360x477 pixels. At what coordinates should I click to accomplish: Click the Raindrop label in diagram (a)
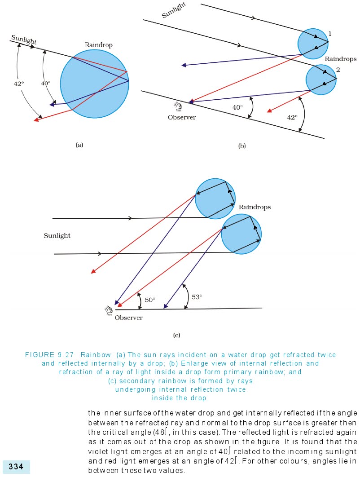pyautogui.click(x=98, y=45)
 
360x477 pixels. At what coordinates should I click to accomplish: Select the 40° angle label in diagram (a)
pyautogui.click(x=46, y=84)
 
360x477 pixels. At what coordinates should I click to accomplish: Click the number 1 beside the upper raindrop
pyautogui.click(x=330, y=34)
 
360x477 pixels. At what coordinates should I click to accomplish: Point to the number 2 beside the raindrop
pyautogui.click(x=338, y=69)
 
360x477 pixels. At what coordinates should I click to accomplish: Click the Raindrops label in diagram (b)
pyautogui.click(x=340, y=59)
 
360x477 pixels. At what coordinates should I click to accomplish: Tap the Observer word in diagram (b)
pyautogui.click(x=182, y=118)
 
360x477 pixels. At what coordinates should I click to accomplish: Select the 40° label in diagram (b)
pyautogui.click(x=237, y=107)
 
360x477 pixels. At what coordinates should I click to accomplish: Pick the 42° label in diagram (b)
pyautogui.click(x=292, y=117)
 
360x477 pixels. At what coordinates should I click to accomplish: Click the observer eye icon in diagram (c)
pyautogui.click(x=108, y=309)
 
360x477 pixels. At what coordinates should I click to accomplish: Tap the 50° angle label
pyautogui.click(x=150, y=300)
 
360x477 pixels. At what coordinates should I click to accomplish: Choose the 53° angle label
pyautogui.click(x=197, y=297)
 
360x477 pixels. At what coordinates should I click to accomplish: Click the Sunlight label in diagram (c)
pyautogui.click(x=57, y=235)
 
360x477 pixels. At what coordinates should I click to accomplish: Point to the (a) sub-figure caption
pyautogui.click(x=79, y=145)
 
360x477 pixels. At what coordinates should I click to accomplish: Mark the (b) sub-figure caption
pyautogui.click(x=242, y=146)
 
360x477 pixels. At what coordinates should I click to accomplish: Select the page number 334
pyautogui.click(x=16, y=467)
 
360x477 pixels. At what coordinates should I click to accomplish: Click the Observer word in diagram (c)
pyautogui.click(x=128, y=318)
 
